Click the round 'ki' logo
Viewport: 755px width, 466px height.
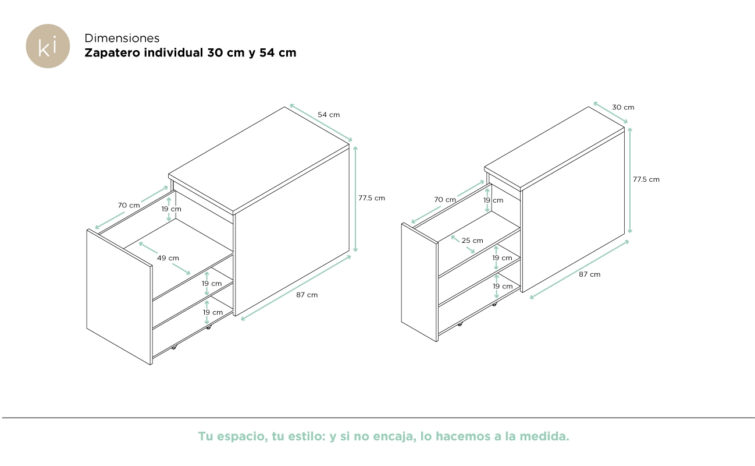(48, 46)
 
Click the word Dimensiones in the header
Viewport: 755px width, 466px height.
(122, 38)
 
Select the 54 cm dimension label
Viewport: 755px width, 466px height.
(329, 115)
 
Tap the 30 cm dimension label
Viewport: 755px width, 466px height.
(623, 107)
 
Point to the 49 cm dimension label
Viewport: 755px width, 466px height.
(168, 258)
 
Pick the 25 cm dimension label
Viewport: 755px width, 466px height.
(472, 241)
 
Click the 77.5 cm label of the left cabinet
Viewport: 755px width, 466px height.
(372, 198)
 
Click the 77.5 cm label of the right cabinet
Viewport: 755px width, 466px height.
(646, 179)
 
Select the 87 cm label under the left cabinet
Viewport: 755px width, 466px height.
(307, 295)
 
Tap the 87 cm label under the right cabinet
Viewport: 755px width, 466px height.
(589, 274)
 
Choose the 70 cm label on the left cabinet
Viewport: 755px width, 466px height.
(129, 205)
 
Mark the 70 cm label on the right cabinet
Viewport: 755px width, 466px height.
(445, 200)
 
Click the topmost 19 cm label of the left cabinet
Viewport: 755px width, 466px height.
(171, 209)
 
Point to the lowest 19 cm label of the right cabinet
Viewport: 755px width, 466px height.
(503, 286)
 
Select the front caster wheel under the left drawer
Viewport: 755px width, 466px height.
(174, 347)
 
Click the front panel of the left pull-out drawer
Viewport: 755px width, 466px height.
(119, 296)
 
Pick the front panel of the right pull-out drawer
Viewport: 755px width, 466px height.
(419, 282)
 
